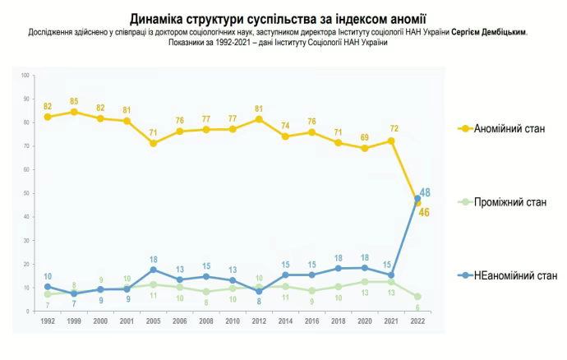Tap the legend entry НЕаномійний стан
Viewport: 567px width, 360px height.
514,276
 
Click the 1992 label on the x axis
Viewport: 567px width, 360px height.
48,321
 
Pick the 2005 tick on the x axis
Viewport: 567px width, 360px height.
153,321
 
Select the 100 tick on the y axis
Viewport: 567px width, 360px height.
26,76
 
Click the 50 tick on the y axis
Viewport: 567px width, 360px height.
27,193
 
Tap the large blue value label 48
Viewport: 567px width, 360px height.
426,192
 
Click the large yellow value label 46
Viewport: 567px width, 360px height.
425,212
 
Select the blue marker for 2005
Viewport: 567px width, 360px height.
153,270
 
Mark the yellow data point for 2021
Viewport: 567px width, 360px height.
390,141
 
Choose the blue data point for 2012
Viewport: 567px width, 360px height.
258,292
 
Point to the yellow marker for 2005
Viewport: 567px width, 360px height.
153,143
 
